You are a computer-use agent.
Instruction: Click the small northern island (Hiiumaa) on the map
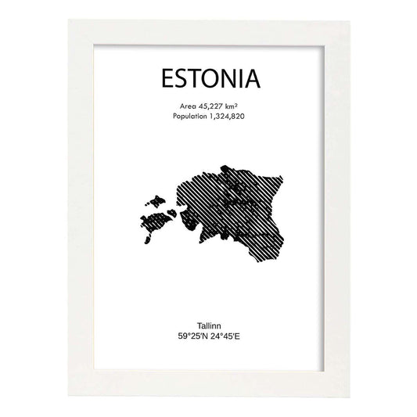tap(154, 199)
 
